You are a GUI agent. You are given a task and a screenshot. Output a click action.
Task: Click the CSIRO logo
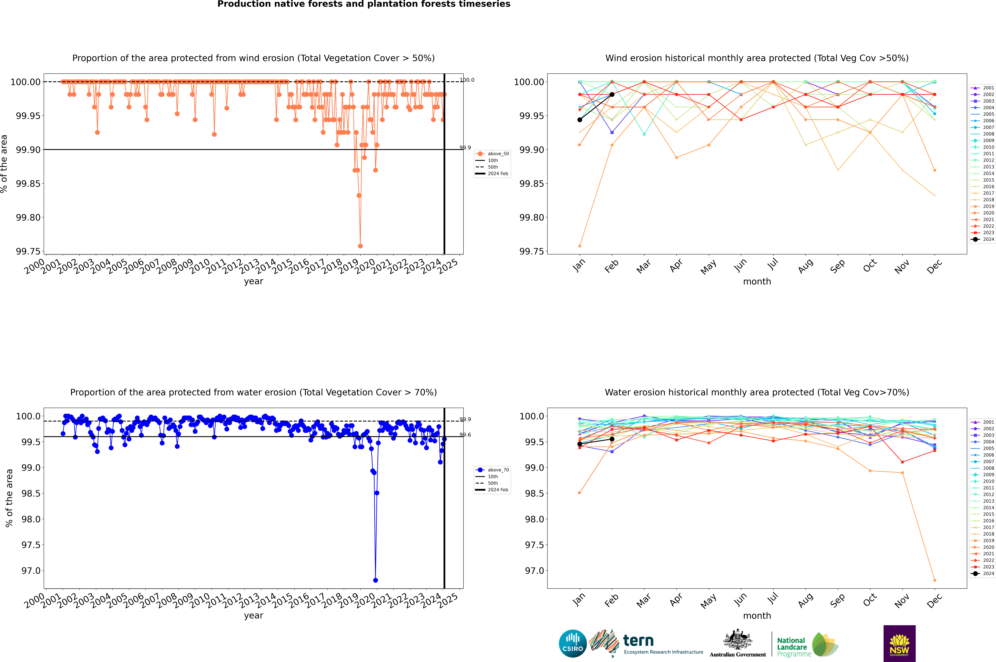tap(572, 643)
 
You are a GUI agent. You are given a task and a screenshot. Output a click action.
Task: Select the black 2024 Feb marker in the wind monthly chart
tap(612, 95)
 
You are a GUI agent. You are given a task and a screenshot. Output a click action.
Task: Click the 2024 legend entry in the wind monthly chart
tap(984, 239)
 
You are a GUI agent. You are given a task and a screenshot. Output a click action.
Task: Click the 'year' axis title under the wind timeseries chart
tap(253, 281)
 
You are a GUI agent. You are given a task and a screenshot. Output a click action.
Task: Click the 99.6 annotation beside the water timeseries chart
tap(465, 435)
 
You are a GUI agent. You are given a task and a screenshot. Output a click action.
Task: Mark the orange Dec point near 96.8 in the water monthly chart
tap(934, 580)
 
